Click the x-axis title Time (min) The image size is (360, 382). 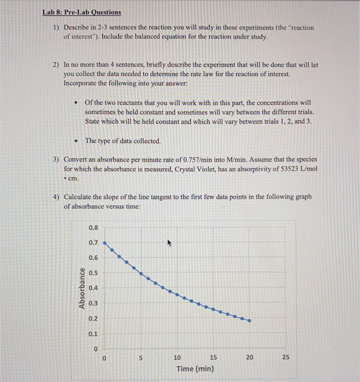click(x=195, y=369)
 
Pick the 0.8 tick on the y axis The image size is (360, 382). click(x=93, y=228)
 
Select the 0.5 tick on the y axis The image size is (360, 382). click(x=93, y=273)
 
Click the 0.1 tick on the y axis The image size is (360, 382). click(x=93, y=333)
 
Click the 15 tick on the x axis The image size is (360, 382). click(x=213, y=357)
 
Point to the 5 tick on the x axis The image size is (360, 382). click(x=140, y=357)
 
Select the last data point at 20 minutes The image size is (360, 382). click(x=250, y=321)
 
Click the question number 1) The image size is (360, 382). click(x=56, y=27)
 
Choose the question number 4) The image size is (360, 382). click(x=56, y=196)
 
